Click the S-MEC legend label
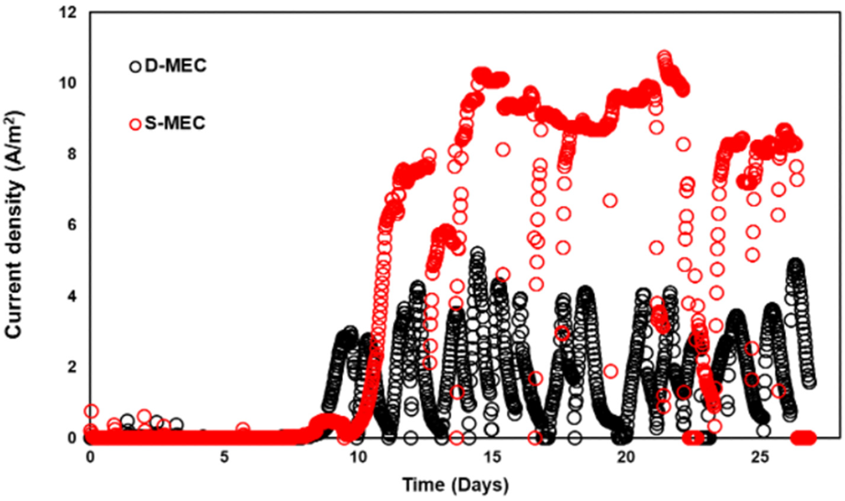(175, 124)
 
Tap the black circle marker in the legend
(135, 66)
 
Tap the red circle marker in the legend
(135, 124)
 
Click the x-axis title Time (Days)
(456, 485)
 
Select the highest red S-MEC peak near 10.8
(664, 57)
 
